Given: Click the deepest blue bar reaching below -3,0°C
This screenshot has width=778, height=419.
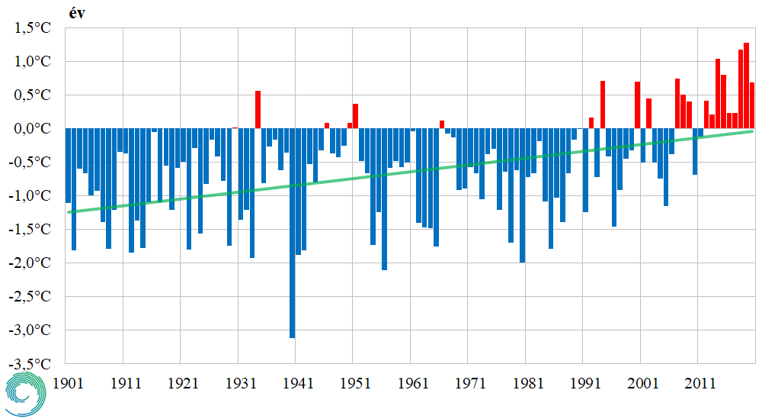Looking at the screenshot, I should pyautogui.click(x=292, y=233).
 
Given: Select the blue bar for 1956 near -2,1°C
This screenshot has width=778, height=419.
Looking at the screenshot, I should pyautogui.click(x=384, y=199).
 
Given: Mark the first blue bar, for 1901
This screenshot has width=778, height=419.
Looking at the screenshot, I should pyautogui.click(x=69, y=165).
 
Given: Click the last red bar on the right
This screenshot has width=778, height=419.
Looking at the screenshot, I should pyautogui.click(x=752, y=105).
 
